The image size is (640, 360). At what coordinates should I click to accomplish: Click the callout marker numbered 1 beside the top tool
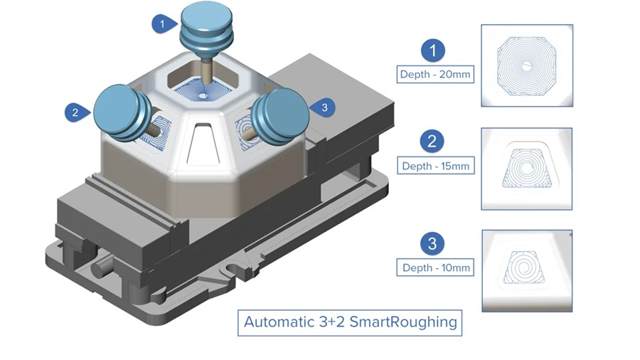[x=163, y=23]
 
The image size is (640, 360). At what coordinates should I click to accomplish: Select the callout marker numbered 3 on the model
[x=324, y=107]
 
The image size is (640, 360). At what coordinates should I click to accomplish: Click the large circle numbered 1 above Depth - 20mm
[x=433, y=50]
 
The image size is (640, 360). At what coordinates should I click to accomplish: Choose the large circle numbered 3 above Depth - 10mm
[x=433, y=244]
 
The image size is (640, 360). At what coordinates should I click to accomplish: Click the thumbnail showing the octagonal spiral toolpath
[x=526, y=65]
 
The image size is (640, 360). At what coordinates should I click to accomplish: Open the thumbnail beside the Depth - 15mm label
[x=526, y=169]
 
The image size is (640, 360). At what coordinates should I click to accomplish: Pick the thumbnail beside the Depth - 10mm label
[x=526, y=270]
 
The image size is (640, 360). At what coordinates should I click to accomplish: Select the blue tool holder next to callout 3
[x=279, y=114]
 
